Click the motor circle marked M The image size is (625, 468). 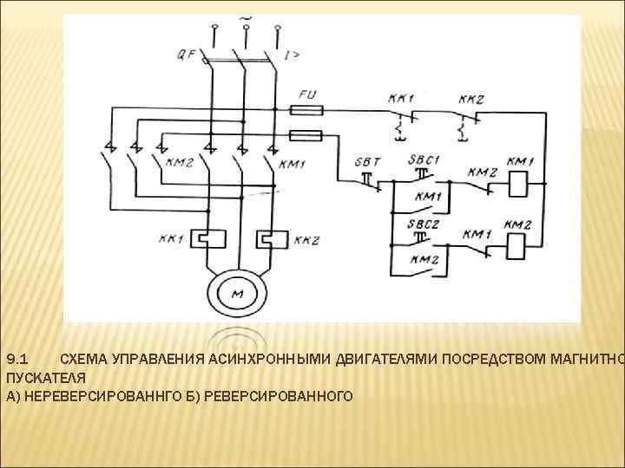point(237,295)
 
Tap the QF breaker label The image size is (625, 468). point(187,55)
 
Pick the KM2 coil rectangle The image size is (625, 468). point(517,247)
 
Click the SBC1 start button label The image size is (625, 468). point(424,160)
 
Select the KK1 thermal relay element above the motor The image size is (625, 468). point(206,235)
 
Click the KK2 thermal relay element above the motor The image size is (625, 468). point(270,235)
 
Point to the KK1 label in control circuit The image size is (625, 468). point(401,98)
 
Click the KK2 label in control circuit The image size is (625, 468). point(471,98)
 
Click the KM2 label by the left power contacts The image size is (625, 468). point(179,163)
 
